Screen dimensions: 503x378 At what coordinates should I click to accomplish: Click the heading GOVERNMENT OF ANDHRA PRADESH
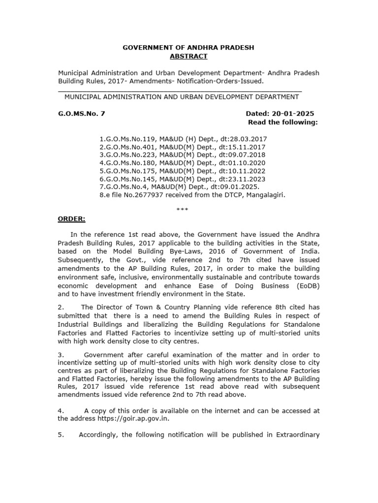(189, 48)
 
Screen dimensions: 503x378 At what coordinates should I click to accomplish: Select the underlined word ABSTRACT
(189, 56)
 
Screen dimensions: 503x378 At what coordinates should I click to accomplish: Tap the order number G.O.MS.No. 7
(82, 113)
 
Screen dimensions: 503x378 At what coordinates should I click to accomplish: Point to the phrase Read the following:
(283, 122)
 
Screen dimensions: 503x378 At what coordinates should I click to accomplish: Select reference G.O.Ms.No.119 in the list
(125, 139)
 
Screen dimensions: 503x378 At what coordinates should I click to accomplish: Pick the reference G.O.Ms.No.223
(125, 155)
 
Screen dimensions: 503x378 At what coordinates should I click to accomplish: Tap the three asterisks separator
(182, 209)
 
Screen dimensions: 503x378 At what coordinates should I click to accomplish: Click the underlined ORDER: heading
(72, 219)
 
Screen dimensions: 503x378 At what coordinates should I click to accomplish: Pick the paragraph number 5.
(62, 435)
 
